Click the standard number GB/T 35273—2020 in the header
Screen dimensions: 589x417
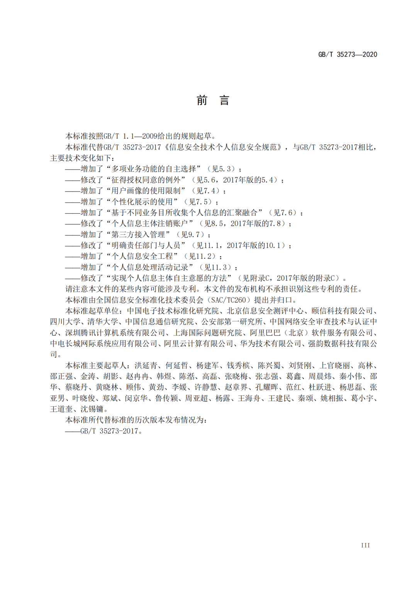(x=347, y=54)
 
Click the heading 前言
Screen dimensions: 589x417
(x=213, y=101)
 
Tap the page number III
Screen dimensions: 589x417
(x=365, y=545)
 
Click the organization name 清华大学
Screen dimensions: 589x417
(x=102, y=322)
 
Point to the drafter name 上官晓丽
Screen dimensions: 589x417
(x=334, y=366)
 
